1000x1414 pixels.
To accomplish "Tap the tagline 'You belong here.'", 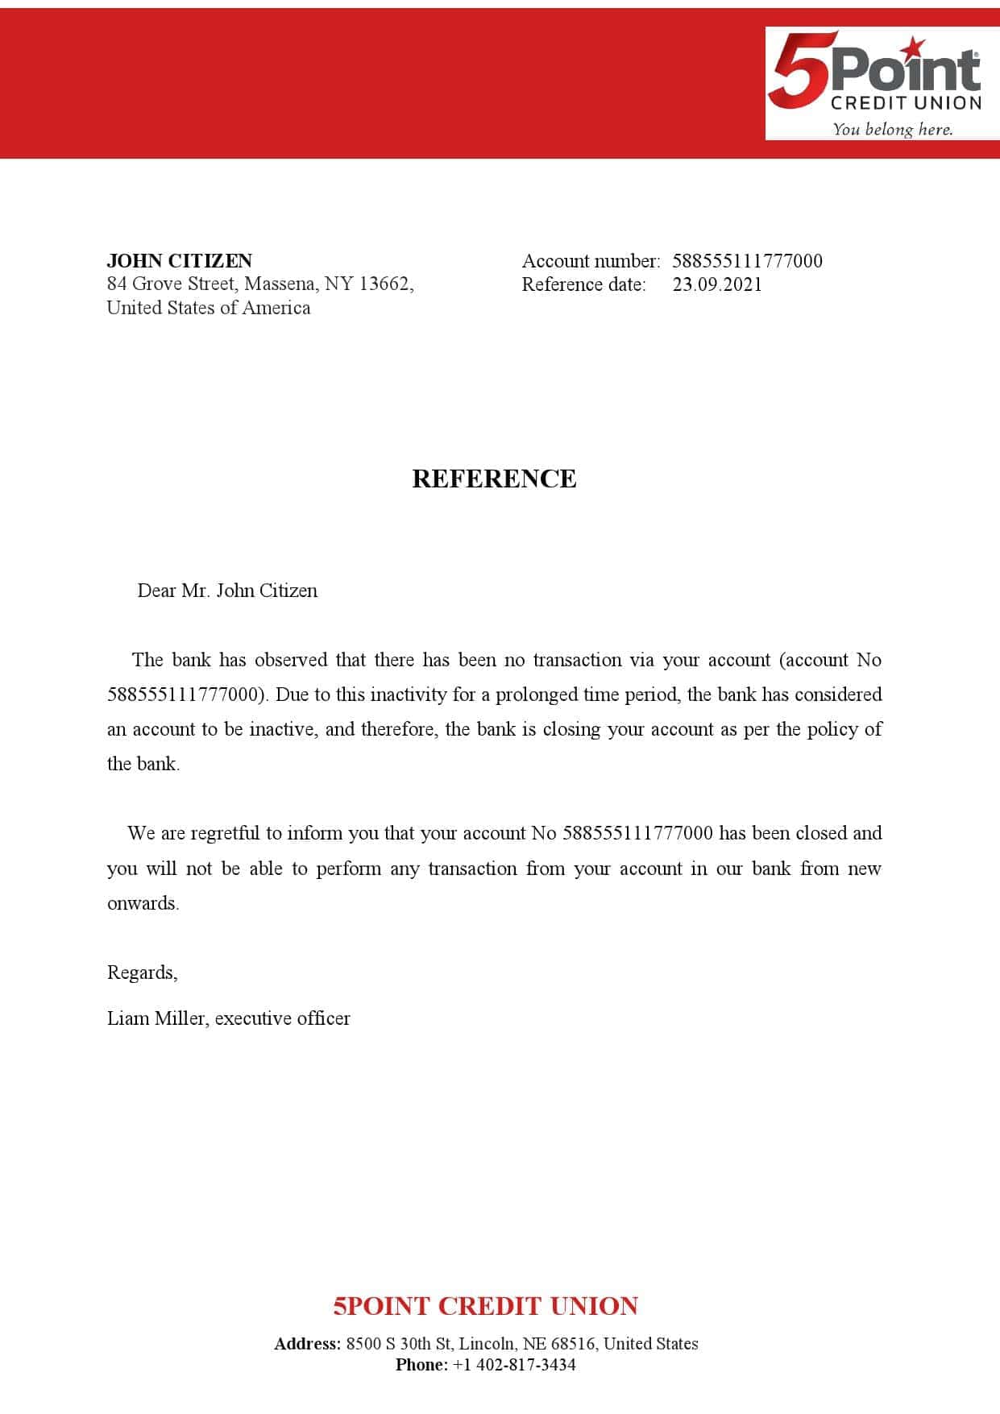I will [x=892, y=129].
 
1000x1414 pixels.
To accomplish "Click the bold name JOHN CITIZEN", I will [x=180, y=260].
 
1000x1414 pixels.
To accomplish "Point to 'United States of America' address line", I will [x=209, y=308].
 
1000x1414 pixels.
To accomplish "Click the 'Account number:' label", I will [x=591, y=261].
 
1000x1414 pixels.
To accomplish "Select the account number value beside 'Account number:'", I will [x=747, y=261].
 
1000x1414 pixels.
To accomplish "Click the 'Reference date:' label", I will [x=583, y=284].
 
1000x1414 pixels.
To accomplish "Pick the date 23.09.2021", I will [x=717, y=284].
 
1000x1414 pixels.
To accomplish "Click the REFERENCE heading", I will [x=494, y=479].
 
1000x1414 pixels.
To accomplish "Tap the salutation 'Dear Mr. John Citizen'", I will [x=227, y=591].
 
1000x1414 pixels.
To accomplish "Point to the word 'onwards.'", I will [x=143, y=903].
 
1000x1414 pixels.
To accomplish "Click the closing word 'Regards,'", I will [x=143, y=973].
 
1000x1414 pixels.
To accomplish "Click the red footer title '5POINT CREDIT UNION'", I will [x=486, y=1306].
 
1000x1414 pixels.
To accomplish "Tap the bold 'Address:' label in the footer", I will [x=307, y=1344].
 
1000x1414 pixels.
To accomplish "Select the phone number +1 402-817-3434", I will [x=514, y=1365].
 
